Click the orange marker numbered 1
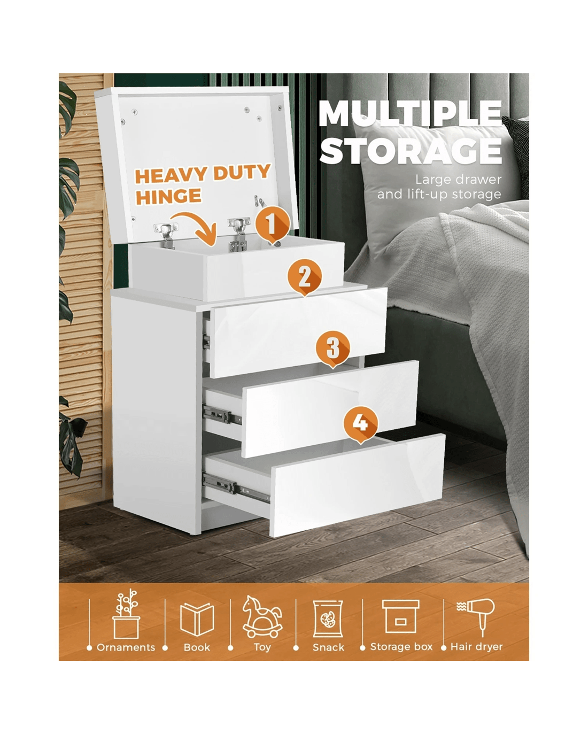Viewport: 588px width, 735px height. [272, 225]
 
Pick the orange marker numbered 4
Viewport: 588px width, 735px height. [360, 424]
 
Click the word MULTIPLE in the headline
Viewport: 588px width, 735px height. [411, 113]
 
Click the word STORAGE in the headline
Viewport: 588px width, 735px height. [411, 151]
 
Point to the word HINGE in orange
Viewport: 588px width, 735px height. [168, 197]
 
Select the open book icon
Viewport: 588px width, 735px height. [197, 619]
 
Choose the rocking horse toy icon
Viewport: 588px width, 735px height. [262, 617]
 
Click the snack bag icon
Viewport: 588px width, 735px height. [328, 618]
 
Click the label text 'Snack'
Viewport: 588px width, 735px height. [328, 647]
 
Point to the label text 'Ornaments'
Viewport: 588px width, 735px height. [126, 647]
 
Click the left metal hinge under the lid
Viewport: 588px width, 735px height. [166, 234]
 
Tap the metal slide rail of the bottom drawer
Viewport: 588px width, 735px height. [236, 490]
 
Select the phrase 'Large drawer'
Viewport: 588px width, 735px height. [458, 179]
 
